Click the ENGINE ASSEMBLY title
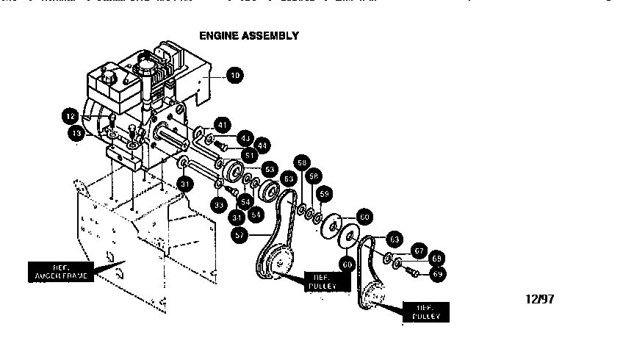249,35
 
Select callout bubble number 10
234,74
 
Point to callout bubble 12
70,115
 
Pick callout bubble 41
223,124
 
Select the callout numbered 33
218,205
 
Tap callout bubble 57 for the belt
239,234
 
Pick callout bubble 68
437,259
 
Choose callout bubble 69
439,273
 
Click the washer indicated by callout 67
387,257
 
